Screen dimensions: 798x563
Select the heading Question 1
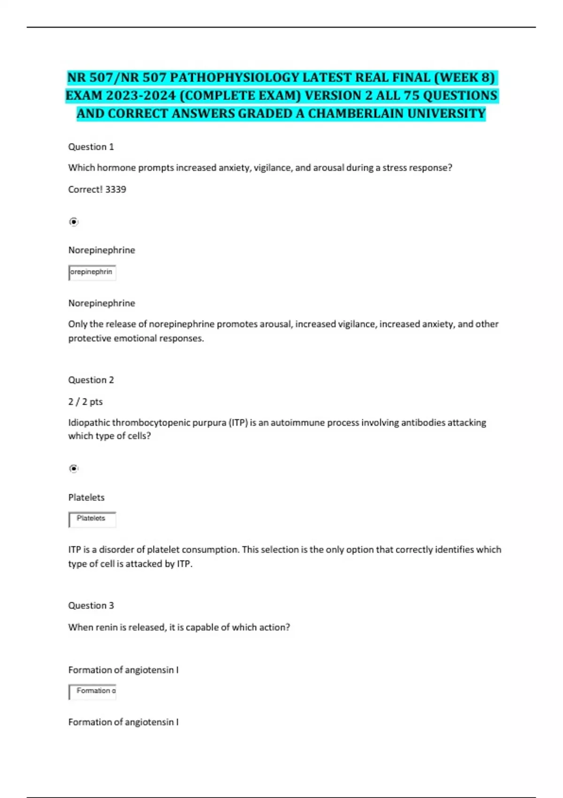(x=91, y=147)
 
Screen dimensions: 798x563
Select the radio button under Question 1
(x=74, y=222)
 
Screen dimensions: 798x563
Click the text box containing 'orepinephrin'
(x=92, y=272)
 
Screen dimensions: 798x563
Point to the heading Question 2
(x=91, y=380)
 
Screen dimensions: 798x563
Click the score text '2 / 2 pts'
(x=85, y=401)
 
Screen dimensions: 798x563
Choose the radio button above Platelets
(x=74, y=468)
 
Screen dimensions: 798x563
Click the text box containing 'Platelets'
(x=92, y=519)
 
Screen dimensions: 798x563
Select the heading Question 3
(x=91, y=606)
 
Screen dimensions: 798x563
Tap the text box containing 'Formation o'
(x=92, y=691)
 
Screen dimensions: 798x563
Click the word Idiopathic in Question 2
(x=89, y=422)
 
